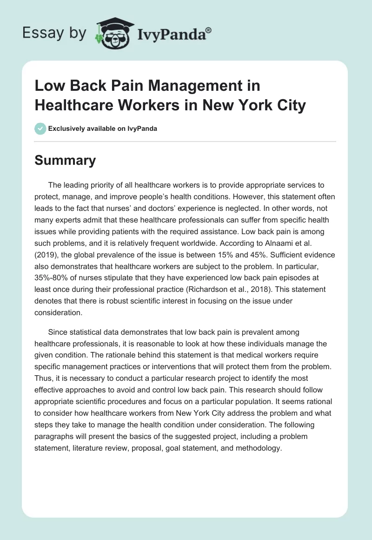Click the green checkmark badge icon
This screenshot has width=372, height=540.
point(40,128)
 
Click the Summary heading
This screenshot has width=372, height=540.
point(65,160)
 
